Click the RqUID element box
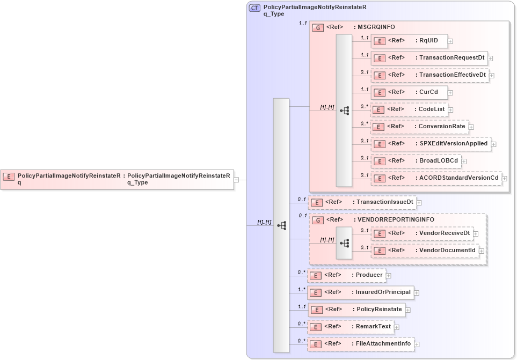[409, 40]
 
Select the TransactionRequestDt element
[428, 57]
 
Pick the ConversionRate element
[419, 126]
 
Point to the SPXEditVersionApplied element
[430, 143]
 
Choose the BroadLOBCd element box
[416, 160]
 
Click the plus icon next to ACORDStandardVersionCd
[505, 178]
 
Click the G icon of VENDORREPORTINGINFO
[317, 220]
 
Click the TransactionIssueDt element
[362, 202]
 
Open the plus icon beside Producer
[389, 276]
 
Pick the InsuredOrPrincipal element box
[361, 292]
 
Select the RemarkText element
[351, 326]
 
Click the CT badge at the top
[254, 8]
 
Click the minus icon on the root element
[236, 180]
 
